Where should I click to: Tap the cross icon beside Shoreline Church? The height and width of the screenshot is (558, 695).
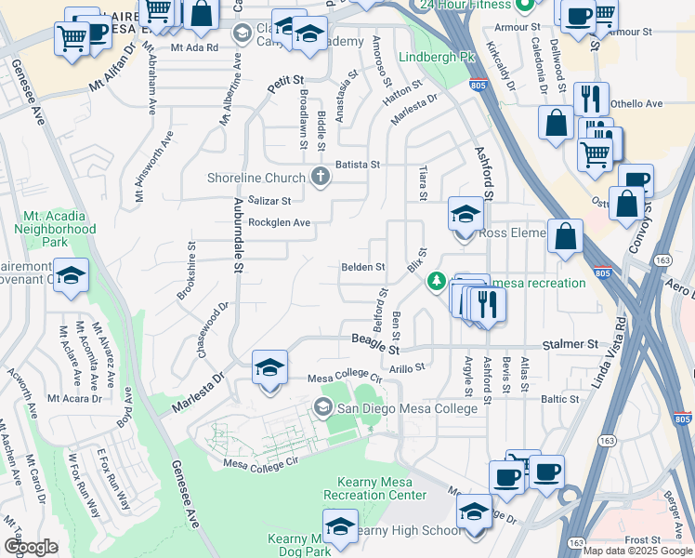[321, 178]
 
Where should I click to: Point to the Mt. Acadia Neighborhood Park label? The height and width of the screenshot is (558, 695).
[55, 229]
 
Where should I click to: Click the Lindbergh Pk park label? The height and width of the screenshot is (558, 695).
[436, 58]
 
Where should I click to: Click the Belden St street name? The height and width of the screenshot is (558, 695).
[362, 267]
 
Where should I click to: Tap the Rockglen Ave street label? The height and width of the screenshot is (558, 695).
[279, 223]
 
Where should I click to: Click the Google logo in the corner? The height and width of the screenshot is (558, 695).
[31, 547]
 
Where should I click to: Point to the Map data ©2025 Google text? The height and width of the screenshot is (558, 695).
[637, 551]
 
